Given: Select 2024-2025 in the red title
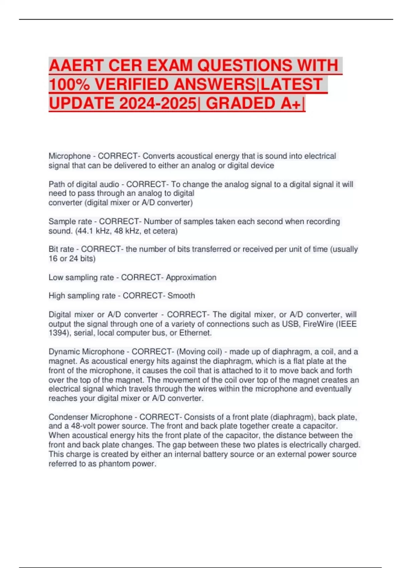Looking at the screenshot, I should tap(157, 103).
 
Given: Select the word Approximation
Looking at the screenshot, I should tap(191, 277).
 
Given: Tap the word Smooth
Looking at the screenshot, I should tap(181, 296).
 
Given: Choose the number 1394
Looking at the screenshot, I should tap(58, 333).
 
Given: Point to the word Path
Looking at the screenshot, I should tap(56, 184).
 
